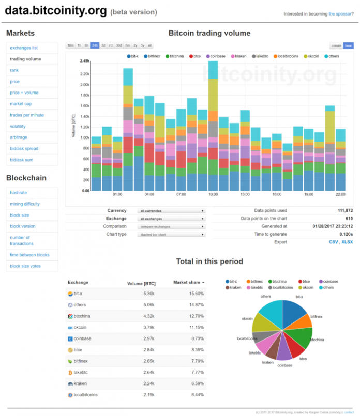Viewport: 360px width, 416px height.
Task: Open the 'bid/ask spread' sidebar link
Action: coord(24,149)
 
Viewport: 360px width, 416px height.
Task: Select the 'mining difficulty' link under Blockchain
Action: coord(25,204)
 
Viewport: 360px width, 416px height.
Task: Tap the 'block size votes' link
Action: coord(26,266)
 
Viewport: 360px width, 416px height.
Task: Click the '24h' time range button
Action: coord(95,45)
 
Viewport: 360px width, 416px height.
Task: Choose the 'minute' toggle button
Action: coord(336,45)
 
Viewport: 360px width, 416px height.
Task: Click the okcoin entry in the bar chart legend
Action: coord(313,56)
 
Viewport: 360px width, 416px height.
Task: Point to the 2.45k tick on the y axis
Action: coord(84,61)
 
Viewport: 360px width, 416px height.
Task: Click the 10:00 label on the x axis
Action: coord(213,195)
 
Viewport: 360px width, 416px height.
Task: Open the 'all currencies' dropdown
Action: coord(172,211)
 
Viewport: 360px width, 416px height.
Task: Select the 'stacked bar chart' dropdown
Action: coord(172,234)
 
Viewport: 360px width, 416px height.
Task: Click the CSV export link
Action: coord(333,242)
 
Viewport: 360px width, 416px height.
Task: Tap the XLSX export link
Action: coord(348,242)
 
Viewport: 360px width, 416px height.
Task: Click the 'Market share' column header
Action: coord(188,283)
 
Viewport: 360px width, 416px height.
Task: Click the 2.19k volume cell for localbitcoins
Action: coord(147,395)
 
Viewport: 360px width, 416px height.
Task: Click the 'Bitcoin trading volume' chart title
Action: coord(209,33)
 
